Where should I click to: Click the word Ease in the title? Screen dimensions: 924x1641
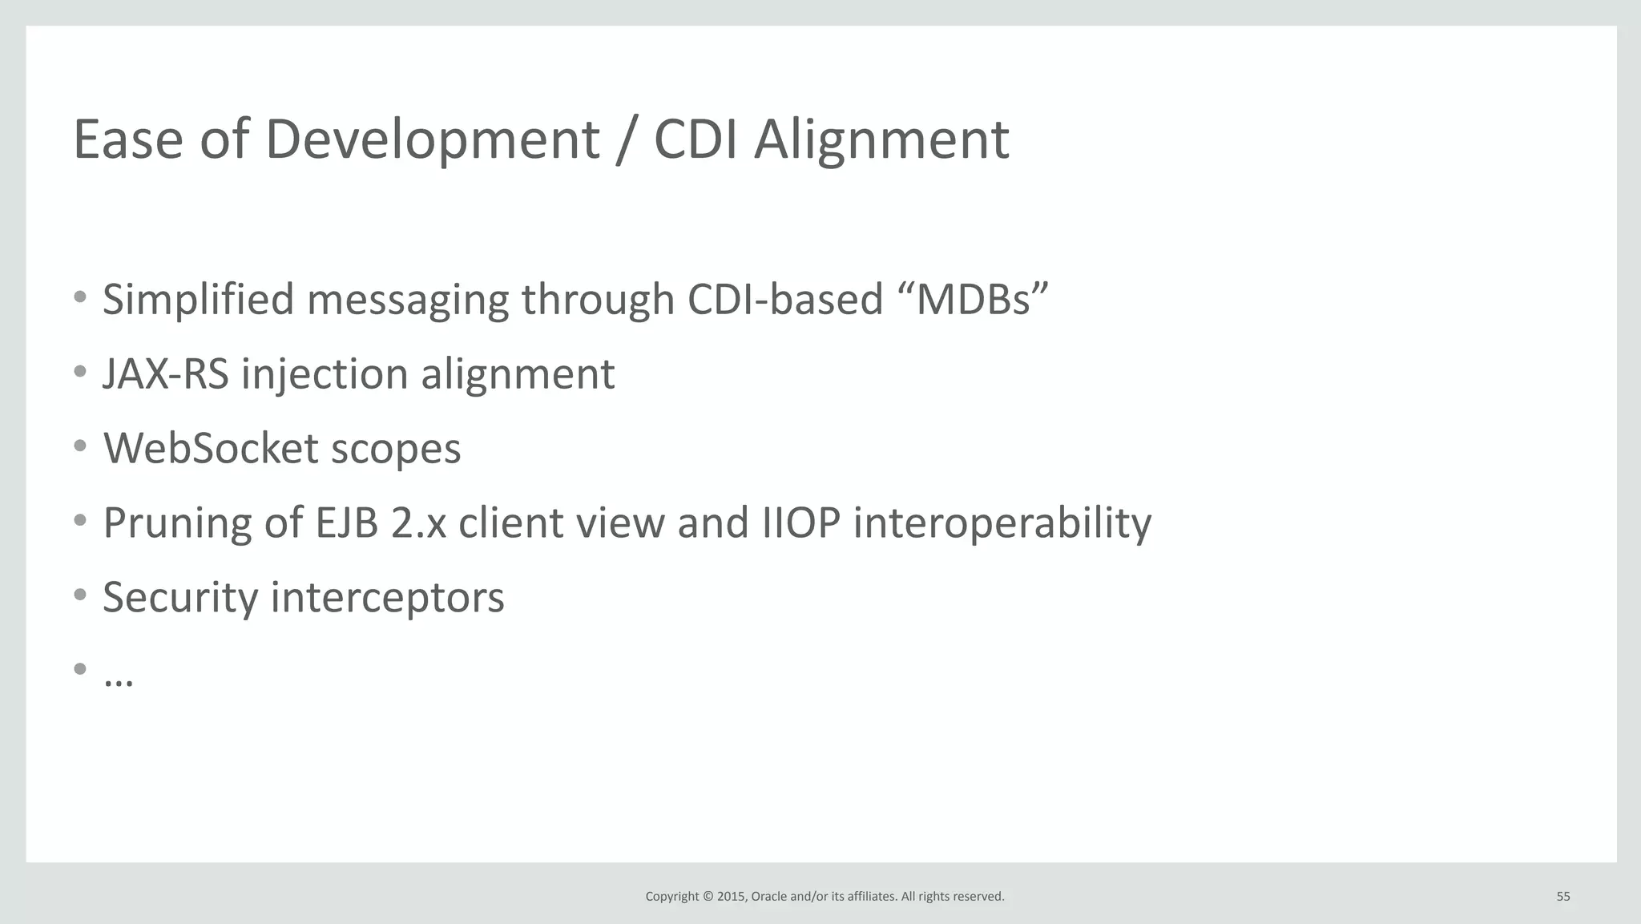click(x=128, y=139)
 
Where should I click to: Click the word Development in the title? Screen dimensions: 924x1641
click(x=432, y=139)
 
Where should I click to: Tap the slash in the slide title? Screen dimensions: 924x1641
click(x=627, y=139)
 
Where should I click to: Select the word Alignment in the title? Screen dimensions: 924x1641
click(x=881, y=139)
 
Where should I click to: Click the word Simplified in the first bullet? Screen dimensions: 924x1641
click(x=198, y=300)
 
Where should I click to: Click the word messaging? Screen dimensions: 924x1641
click(x=407, y=300)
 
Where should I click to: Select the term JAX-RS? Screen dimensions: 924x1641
click(x=165, y=374)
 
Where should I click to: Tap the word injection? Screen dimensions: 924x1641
click(x=325, y=374)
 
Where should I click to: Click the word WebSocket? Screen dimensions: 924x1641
click(x=211, y=448)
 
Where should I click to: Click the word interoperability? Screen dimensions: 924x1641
click(x=1002, y=523)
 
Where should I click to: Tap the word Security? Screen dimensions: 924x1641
click(x=180, y=598)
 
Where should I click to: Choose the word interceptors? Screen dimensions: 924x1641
click(x=387, y=598)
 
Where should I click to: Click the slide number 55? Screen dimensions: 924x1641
click(x=1562, y=897)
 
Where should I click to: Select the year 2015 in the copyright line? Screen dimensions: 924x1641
click(x=731, y=897)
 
